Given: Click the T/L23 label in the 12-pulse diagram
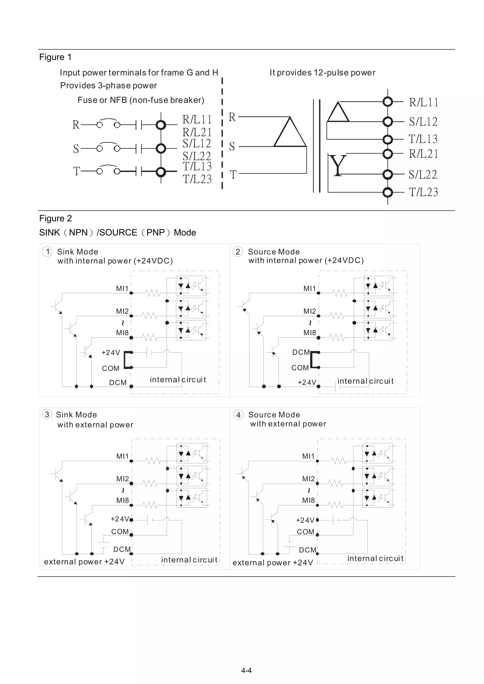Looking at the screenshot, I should tap(423, 192).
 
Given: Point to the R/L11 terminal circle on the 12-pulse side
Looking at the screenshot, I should tap(387, 102).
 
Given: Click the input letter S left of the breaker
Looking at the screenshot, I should tap(76, 148).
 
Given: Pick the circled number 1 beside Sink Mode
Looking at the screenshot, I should tap(47, 251).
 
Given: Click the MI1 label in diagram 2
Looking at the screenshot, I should tap(309, 288).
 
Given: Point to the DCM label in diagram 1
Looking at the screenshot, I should tap(118, 382).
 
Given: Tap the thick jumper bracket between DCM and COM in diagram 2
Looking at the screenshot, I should tap(313, 360).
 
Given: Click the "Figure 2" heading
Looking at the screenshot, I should tap(56, 218).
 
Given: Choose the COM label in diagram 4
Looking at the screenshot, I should tap(305, 532).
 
